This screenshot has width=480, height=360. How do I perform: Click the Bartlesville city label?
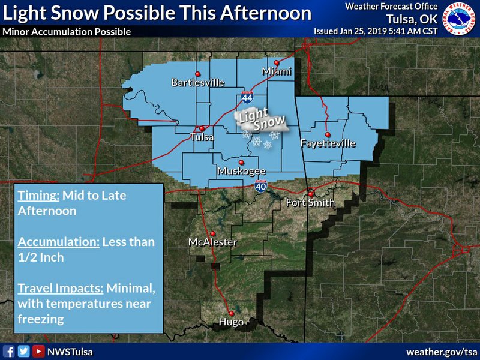(197, 82)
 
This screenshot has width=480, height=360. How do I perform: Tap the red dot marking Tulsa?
(203, 128)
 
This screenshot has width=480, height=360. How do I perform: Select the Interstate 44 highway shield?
(247, 97)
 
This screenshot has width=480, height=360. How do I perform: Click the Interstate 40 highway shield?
(259, 185)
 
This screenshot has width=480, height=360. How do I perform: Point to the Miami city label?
(277, 72)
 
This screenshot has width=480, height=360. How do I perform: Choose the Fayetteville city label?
(328, 143)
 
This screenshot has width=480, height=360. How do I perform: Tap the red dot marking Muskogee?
(241, 163)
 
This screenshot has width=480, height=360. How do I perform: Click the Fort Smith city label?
(310, 202)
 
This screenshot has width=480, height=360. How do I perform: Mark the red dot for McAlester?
(212, 233)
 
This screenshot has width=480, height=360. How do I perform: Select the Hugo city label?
(231, 322)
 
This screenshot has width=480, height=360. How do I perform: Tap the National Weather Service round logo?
(458, 18)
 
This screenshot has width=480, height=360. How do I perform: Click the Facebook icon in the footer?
(9, 351)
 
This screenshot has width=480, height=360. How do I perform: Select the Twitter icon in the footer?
(23, 351)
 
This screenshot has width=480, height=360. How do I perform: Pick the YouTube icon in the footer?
(38, 351)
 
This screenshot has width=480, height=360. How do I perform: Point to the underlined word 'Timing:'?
(36, 196)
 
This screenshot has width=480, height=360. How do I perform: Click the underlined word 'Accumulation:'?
(59, 242)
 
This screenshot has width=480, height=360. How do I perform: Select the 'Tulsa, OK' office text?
(412, 18)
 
